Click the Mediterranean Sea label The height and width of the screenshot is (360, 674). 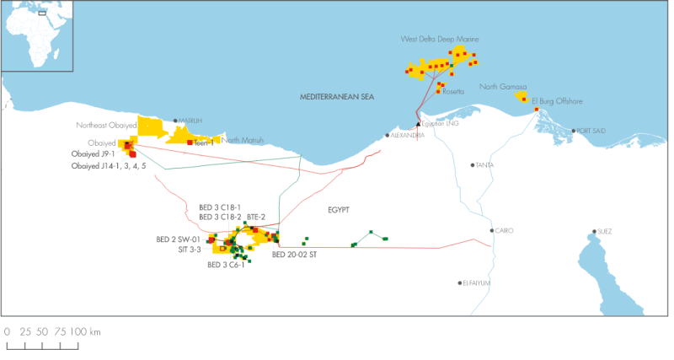pyautogui.click(x=336, y=98)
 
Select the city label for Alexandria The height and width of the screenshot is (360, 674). pyautogui.click(x=407, y=135)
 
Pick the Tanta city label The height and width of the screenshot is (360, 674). pyautogui.click(x=484, y=165)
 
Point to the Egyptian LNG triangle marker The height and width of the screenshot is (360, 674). pyautogui.click(x=418, y=123)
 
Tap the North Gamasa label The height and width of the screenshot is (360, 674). pyautogui.click(x=503, y=86)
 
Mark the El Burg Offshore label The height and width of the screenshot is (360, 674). pyautogui.click(x=557, y=101)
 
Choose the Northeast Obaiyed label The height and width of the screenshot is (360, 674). pyautogui.click(x=106, y=126)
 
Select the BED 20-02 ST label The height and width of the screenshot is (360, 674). pyautogui.click(x=294, y=254)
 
